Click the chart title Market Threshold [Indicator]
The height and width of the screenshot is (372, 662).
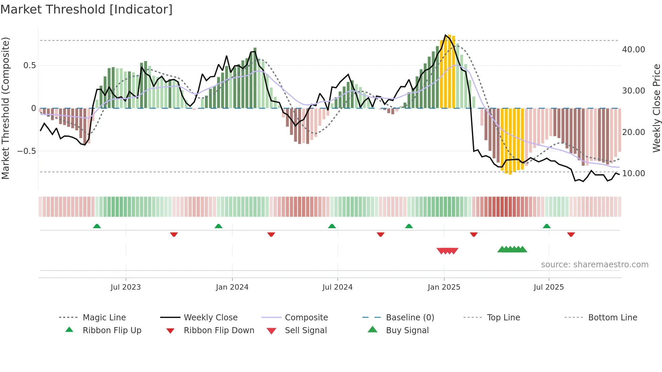86,9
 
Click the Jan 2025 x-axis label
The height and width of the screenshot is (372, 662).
444,287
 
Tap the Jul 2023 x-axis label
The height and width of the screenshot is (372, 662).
126,287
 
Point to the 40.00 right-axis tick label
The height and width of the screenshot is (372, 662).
633,50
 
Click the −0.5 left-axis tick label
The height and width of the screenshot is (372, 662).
27,151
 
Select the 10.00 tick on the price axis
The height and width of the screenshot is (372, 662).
633,174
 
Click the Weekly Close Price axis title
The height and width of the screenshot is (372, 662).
656,108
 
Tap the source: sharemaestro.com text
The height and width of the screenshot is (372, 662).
594,265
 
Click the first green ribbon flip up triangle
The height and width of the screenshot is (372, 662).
97,226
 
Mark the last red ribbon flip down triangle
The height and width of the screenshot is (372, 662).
571,234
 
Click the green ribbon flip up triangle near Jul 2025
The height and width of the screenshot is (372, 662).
546,226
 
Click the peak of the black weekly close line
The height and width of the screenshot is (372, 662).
445,35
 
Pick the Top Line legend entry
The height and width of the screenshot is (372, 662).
503,317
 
